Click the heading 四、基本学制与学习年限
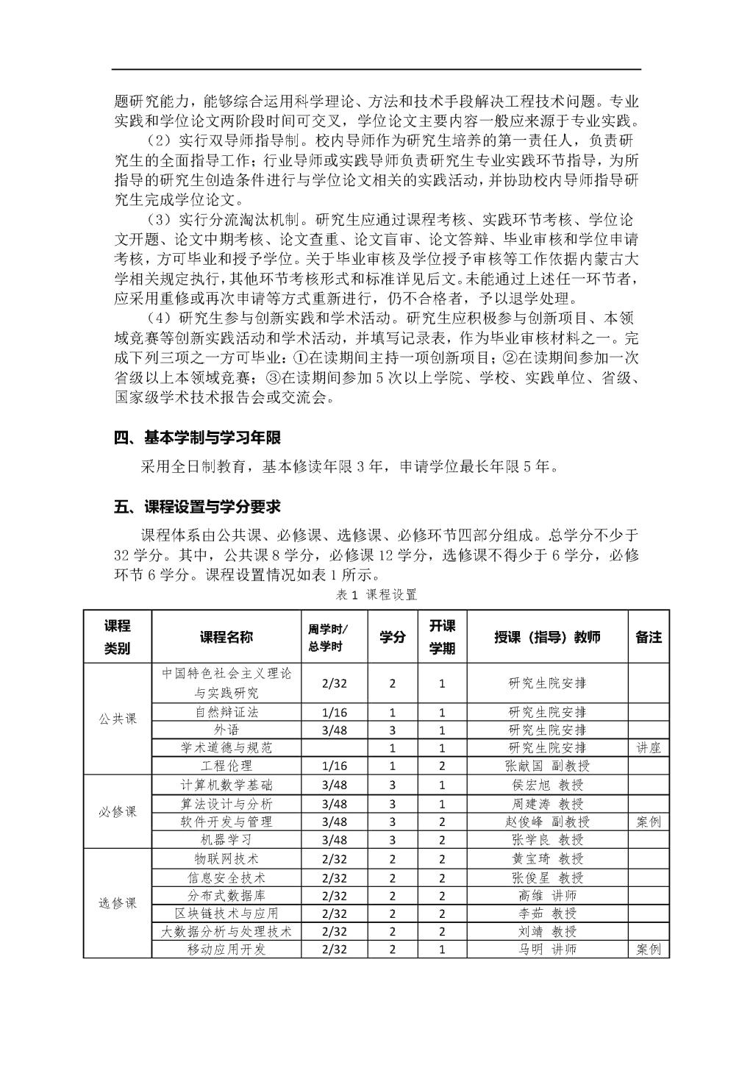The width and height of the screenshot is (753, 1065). pos(197,438)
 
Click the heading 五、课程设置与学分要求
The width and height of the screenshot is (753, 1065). pos(197,507)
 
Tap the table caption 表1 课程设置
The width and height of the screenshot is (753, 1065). pos(376,594)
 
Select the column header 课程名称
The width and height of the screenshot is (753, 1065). pos(226,637)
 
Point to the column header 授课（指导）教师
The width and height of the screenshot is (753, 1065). pos(547,637)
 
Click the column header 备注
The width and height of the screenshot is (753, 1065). pos(648,637)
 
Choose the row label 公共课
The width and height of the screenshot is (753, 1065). pos(118,719)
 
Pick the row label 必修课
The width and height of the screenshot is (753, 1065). pos(118,812)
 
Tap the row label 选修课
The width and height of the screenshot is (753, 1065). pos(118,903)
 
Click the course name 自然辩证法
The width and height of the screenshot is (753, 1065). pos(226,712)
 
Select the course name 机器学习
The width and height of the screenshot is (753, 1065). pos(226,839)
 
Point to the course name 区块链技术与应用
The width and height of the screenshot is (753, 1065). pos(226,913)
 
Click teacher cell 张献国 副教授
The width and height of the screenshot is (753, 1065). pos(547,766)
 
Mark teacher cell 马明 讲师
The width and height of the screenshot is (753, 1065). pos(547,949)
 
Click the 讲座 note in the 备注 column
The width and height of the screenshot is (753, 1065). pos(648,747)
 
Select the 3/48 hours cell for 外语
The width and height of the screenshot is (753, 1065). pos(335,730)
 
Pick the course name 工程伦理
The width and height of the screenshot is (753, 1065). pos(226,766)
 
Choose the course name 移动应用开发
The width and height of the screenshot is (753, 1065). pos(226,949)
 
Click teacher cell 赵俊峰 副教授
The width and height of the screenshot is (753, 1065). pos(547,822)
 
